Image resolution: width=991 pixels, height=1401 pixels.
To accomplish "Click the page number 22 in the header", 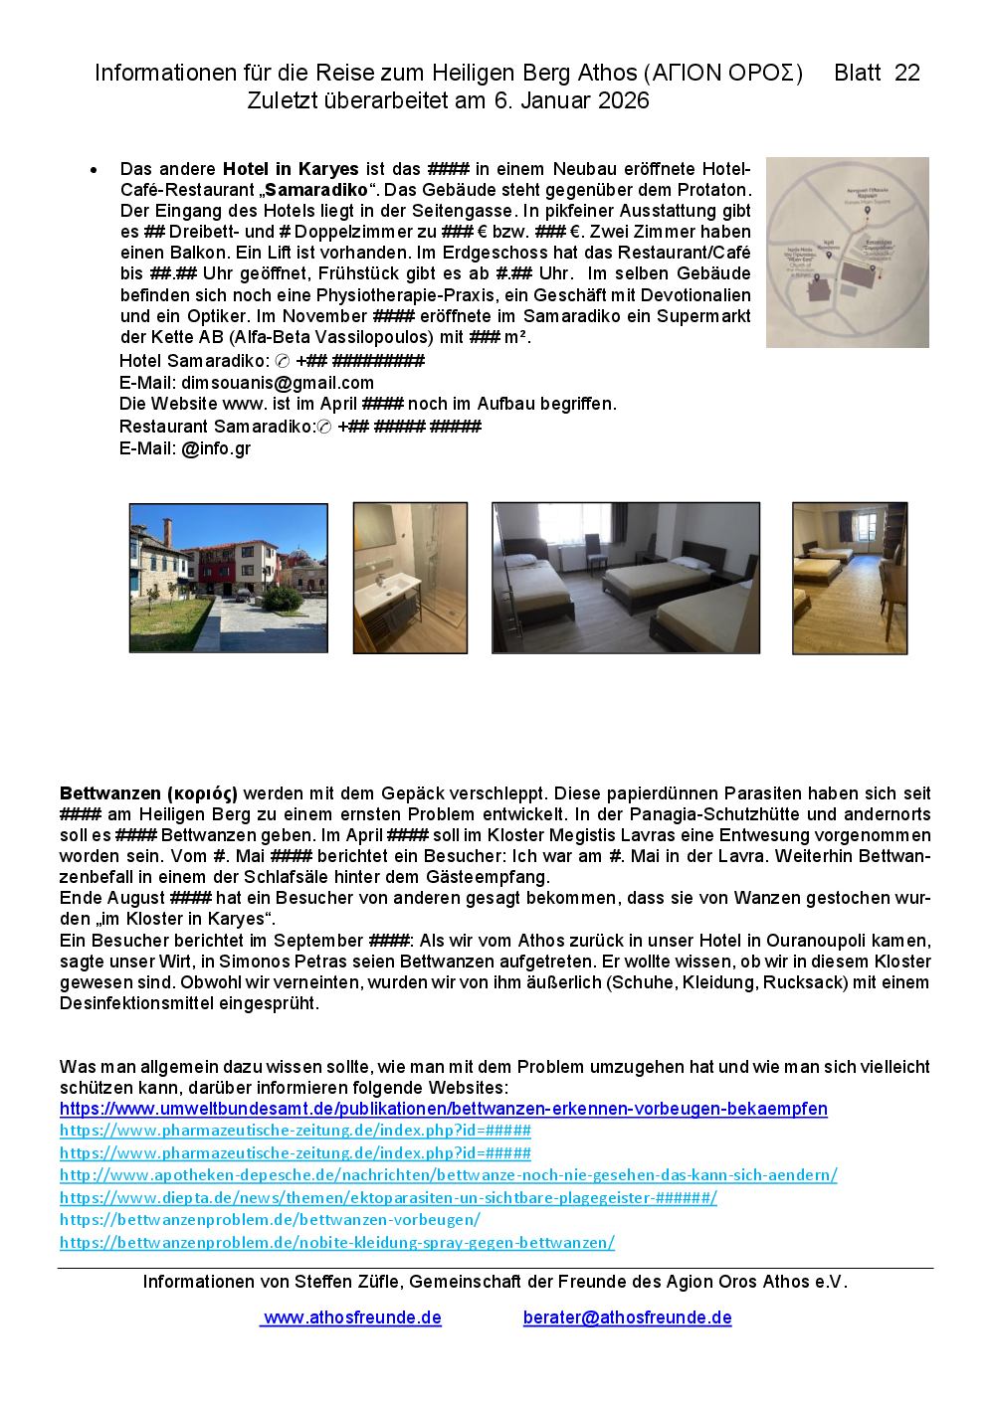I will [906, 73].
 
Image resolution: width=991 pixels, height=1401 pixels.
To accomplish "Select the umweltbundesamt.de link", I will [443, 1109].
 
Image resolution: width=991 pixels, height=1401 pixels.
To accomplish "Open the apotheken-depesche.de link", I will [448, 1175].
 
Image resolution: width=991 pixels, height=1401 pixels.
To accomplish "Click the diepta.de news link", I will [388, 1198].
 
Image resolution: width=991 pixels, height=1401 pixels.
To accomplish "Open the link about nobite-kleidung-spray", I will [336, 1243].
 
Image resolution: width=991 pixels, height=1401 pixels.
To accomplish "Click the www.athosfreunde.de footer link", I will [352, 1317].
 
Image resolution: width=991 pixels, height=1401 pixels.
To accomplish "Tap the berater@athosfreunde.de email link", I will [627, 1317].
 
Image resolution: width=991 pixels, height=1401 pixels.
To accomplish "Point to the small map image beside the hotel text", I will [847, 253].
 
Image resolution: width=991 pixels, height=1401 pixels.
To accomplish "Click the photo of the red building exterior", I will [228, 578].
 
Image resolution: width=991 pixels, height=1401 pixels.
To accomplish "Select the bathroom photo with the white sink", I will [410, 578].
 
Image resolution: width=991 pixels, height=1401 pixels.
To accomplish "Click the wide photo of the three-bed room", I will [626, 578].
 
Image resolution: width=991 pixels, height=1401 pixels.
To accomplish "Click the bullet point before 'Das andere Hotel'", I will [94, 170].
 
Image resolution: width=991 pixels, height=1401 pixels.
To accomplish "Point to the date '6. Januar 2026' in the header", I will [571, 100].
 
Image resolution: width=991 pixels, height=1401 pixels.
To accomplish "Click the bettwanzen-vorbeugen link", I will [270, 1220].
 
